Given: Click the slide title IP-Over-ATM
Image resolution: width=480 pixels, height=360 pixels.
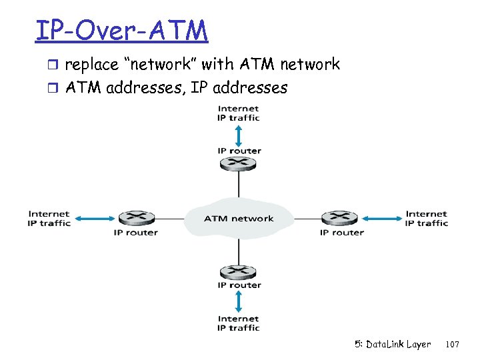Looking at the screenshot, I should pyautogui.click(x=121, y=31).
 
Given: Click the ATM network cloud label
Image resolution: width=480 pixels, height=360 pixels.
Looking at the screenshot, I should pyautogui.click(x=238, y=218).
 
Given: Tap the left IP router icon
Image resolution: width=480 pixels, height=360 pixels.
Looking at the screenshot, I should pyautogui.click(x=137, y=218).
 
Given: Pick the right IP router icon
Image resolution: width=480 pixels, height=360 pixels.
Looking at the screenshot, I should pyautogui.click(x=339, y=218).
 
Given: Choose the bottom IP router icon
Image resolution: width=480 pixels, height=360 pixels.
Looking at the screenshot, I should pyautogui.click(x=239, y=271).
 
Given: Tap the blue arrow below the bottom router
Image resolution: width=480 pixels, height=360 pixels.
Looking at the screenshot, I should pyautogui.click(x=239, y=302).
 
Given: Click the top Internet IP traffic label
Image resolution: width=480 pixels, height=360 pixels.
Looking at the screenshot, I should pyautogui.click(x=239, y=113).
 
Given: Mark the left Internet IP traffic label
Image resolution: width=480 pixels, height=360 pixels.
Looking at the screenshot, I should pyautogui.click(x=49, y=219).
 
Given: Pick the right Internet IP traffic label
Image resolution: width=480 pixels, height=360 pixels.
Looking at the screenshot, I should pyautogui.click(x=427, y=219).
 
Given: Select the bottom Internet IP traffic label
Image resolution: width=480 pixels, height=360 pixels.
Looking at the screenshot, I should pyautogui.click(x=239, y=323).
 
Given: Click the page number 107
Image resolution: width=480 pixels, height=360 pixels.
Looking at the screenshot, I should pyautogui.click(x=452, y=345).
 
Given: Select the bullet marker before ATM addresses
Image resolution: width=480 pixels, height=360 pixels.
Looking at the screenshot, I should pyautogui.click(x=55, y=88).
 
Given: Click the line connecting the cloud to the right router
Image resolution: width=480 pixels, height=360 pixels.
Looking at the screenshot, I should pyautogui.click(x=307, y=218).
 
